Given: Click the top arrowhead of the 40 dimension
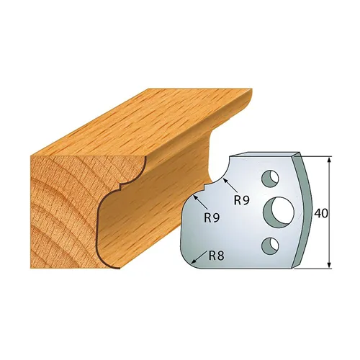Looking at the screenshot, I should click(x=329, y=159).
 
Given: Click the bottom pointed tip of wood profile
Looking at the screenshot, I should click(x=112, y=267).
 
